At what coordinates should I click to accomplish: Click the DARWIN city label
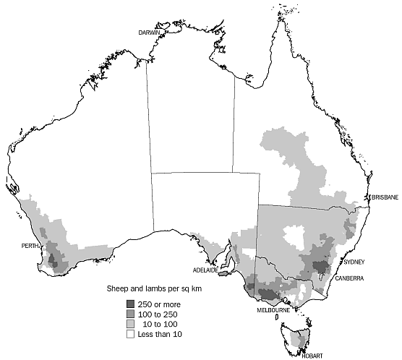(150, 33)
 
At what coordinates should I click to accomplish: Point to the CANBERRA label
(349, 278)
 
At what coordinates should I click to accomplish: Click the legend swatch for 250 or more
(130, 304)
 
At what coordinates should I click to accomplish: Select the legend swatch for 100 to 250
(130, 314)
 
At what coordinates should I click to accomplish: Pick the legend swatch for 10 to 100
(130, 325)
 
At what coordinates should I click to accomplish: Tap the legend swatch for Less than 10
(130, 335)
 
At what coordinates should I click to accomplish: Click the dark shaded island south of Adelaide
(223, 273)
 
